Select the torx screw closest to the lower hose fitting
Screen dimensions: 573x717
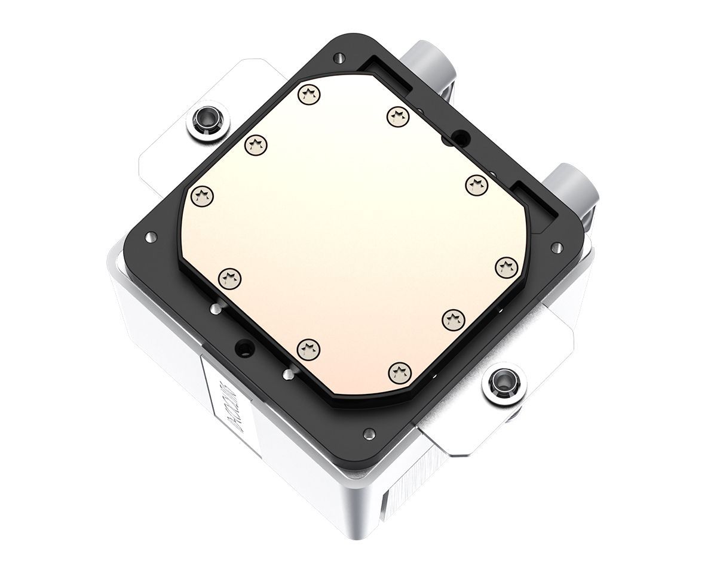point(476,183)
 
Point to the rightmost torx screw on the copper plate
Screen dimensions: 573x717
point(506,267)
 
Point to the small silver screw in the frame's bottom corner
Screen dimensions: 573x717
point(367,431)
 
